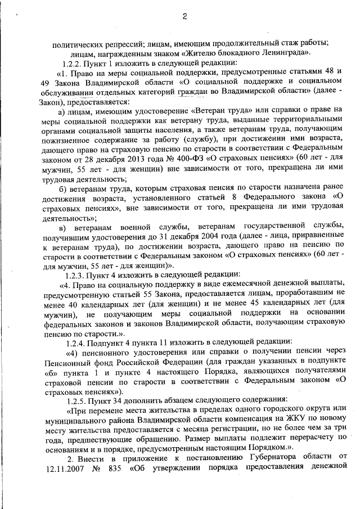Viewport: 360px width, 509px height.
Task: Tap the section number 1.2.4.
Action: pyautogui.click(x=77, y=341)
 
